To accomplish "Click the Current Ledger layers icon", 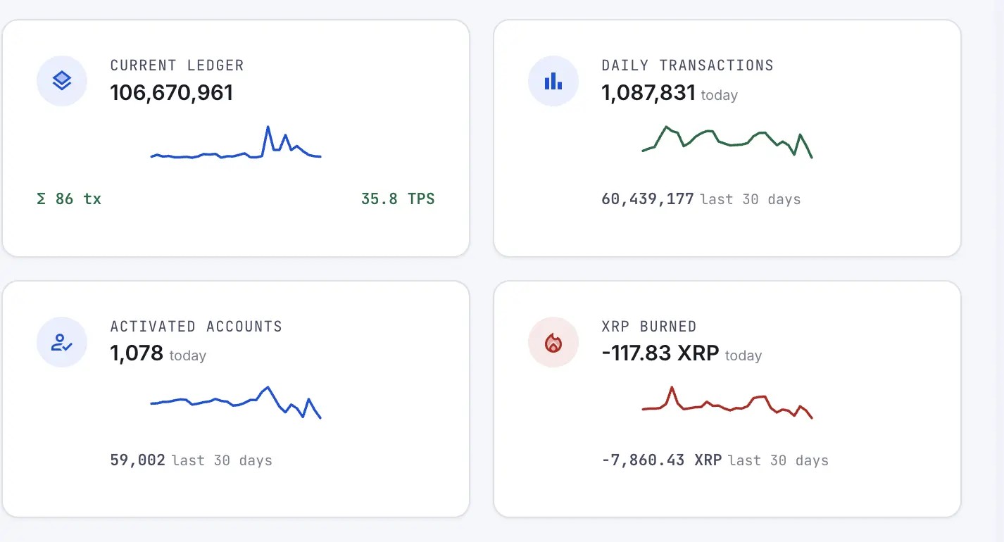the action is [62, 81].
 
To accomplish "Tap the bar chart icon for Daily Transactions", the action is [553, 81].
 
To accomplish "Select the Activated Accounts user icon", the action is [62, 342].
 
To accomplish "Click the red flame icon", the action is [553, 343].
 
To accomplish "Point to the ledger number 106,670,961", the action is [172, 93].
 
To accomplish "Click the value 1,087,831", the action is [648, 93].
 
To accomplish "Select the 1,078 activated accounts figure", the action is [137, 353].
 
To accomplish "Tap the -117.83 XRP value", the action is [660, 353].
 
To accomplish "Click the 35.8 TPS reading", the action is [398, 199].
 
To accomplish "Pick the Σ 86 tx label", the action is [69, 199].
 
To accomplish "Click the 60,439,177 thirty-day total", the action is [648, 199].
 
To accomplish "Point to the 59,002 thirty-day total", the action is [137, 460].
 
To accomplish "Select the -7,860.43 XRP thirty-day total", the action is [662, 460].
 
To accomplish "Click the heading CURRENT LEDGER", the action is [177, 65].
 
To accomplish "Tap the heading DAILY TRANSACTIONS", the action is [688, 65].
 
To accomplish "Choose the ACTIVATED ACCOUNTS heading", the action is [196, 327].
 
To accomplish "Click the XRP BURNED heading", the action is [649, 327].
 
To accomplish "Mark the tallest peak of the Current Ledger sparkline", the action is [268, 127].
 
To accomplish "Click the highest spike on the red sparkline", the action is [672, 387].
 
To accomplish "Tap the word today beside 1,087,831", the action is [720, 96].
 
